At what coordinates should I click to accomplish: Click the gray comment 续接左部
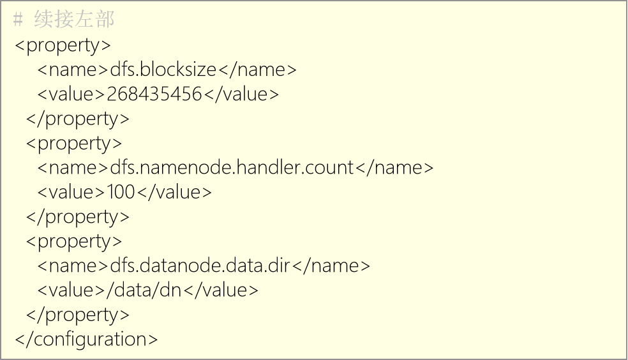pos(75,19)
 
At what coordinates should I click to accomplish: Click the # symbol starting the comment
pos(18,20)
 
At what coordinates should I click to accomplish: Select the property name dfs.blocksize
pos(163,70)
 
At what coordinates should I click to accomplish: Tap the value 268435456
pos(154,94)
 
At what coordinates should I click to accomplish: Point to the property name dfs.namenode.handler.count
pos(232,167)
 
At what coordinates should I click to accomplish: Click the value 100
pos(121,192)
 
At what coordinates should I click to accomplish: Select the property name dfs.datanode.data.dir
pos(200,266)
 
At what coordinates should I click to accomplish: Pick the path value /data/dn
pos(144,290)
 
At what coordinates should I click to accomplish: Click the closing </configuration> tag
pos(87,339)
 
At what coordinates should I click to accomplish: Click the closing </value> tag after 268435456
pos(241,94)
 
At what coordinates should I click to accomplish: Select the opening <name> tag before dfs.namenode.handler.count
pos(73,168)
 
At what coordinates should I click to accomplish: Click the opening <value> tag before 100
pos(71,192)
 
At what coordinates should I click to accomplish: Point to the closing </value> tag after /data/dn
pos(221,290)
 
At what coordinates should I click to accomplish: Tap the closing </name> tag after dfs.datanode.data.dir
pos(331,266)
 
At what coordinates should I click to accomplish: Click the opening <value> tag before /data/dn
pos(71,290)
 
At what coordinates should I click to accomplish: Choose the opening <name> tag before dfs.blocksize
pos(73,70)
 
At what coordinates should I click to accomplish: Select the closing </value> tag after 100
pos(174,192)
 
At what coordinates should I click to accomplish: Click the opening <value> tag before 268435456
pos(71,94)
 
